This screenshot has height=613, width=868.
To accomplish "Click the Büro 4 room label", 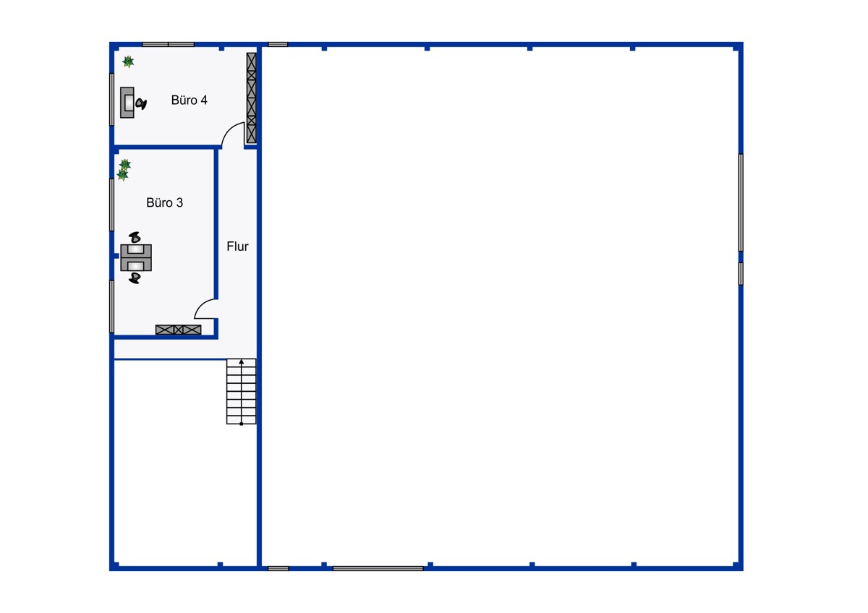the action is pyautogui.click(x=189, y=100).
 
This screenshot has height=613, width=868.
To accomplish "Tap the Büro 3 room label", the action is pyautogui.click(x=164, y=202).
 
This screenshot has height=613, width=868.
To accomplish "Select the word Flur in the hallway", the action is pyautogui.click(x=237, y=247).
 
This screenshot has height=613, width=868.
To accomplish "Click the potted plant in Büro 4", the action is pyautogui.click(x=128, y=61).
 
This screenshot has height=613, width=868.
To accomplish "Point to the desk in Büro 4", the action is pyautogui.click(x=127, y=102).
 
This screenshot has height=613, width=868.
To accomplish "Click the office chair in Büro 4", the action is pyautogui.click(x=140, y=103).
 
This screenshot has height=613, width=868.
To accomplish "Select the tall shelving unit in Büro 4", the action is pyautogui.click(x=252, y=98).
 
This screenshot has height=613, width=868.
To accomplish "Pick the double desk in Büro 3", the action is pyautogui.click(x=136, y=257).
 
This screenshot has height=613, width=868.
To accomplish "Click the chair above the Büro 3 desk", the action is pyautogui.click(x=135, y=237).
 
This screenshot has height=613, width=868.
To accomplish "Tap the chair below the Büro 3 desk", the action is pyautogui.click(x=135, y=278).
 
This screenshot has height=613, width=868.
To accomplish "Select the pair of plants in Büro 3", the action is pyautogui.click(x=124, y=170).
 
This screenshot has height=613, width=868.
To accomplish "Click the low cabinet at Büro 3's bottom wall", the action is pyautogui.click(x=178, y=330).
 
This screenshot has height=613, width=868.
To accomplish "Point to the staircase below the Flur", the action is pyautogui.click(x=241, y=391).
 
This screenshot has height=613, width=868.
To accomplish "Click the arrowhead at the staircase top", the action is pyautogui.click(x=242, y=361).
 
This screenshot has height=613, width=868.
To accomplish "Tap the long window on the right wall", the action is pyautogui.click(x=741, y=202).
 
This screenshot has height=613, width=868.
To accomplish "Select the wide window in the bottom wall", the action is pyautogui.click(x=378, y=568).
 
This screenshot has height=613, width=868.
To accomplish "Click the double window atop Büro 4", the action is pyautogui.click(x=168, y=45).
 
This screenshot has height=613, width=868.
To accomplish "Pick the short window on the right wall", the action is pyautogui.click(x=741, y=274).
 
